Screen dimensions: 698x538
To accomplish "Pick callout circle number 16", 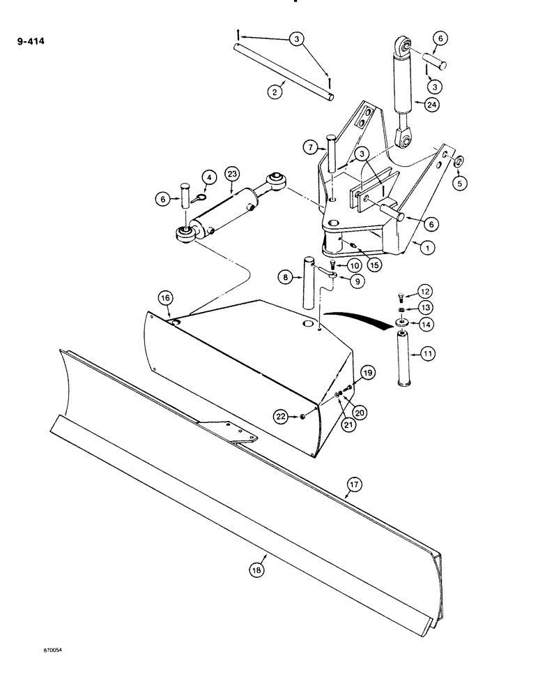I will click(x=164, y=298).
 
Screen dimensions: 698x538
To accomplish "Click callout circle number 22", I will click(x=281, y=417).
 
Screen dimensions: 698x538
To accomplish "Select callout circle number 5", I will click(x=459, y=182).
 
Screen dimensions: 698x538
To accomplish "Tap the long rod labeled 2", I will click(x=285, y=70).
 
